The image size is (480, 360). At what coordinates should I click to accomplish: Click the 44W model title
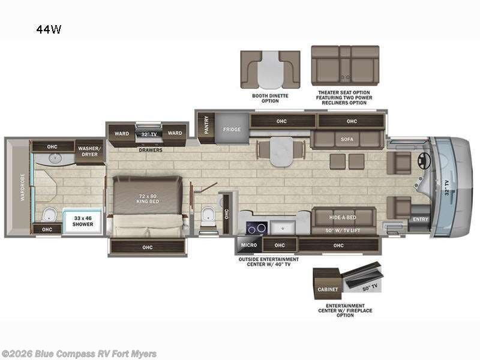[48, 28]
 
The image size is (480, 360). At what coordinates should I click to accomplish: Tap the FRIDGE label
[232, 130]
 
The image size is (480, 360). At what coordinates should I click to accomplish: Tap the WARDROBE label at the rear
[23, 187]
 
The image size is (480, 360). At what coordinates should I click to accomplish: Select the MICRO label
[249, 245]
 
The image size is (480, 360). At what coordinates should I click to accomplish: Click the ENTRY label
[420, 220]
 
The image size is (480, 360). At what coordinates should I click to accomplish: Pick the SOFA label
[347, 139]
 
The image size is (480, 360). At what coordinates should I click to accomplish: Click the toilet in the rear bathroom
[49, 214]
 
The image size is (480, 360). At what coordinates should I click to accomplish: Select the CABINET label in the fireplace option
[328, 289]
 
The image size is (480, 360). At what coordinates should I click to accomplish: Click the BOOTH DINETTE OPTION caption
[270, 98]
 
